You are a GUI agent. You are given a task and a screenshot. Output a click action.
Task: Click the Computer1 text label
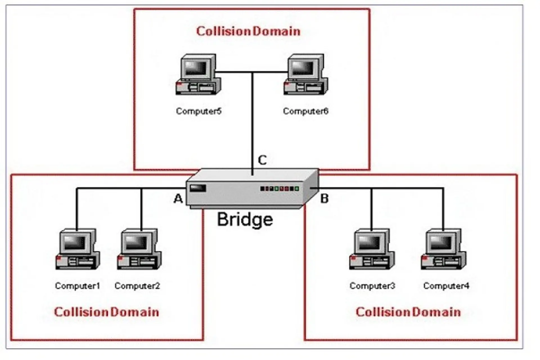77,286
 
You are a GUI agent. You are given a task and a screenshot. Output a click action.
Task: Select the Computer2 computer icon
139,249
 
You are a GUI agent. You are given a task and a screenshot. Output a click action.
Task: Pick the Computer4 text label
446,286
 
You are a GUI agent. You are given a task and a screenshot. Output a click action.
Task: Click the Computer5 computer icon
198,75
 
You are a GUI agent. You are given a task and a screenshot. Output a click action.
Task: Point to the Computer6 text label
305,111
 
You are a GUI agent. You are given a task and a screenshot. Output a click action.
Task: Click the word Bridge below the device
245,219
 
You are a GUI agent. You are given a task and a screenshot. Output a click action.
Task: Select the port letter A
178,199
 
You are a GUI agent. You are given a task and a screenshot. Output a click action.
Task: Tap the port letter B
324,199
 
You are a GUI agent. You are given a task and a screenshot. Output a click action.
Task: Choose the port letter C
262,160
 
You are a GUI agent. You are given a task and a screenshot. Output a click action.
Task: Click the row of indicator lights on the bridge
279,188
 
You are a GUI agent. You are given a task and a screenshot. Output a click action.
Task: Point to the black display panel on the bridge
198,188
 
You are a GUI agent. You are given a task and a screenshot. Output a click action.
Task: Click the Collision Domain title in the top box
248,31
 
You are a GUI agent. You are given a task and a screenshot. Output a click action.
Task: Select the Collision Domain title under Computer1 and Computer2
106,312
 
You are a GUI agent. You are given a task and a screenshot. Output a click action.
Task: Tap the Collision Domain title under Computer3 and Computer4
408,312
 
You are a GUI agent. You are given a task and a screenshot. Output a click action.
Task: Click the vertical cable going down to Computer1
76,210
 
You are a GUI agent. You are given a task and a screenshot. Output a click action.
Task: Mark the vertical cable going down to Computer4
443,210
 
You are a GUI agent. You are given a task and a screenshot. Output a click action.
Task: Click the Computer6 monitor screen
303,68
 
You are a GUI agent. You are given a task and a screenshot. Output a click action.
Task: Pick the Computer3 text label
372,286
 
